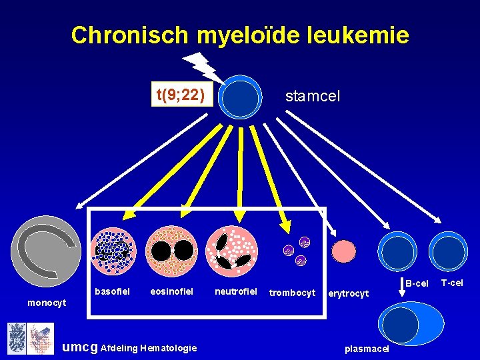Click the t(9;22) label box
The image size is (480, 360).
tap(180, 95)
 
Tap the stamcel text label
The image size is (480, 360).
tap(312, 96)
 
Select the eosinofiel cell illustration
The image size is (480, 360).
tap(172, 251)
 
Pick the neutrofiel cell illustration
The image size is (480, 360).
tap(232, 251)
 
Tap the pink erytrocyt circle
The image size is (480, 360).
tap(345, 251)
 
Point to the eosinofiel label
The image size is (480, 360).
tap(171, 291)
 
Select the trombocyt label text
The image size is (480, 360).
tap(292, 292)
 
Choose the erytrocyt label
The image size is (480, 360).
tap(349, 293)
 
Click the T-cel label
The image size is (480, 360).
tap(451, 283)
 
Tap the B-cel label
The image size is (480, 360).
tap(417, 284)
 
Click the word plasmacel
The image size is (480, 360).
tap(367, 348)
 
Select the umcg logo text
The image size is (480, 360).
tap(78, 347)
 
